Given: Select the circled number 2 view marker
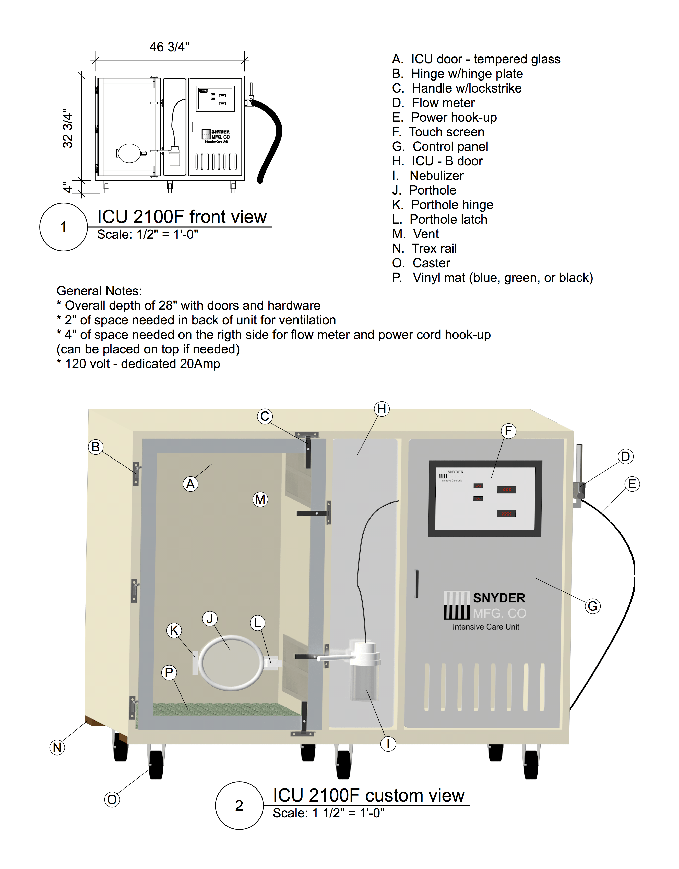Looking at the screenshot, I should pyautogui.click(x=239, y=805).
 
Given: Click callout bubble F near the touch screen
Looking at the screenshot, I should pyautogui.click(x=508, y=431).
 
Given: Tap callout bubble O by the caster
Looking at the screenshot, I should pyautogui.click(x=112, y=799).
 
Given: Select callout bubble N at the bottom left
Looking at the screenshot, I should pyautogui.click(x=57, y=747).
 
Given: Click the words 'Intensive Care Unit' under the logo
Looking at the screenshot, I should pyautogui.click(x=485, y=627).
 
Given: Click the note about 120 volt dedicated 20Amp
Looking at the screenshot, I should pyautogui.click(x=138, y=364).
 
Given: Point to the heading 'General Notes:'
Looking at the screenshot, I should pyautogui.click(x=99, y=291).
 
